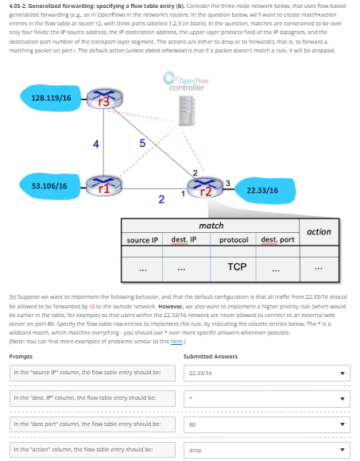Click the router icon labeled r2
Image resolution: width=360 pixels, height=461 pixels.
tap(210, 188)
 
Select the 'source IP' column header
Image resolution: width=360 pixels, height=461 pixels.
tap(143, 239)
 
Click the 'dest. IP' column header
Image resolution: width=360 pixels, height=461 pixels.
tap(184, 239)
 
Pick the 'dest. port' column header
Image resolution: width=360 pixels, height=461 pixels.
tap(277, 239)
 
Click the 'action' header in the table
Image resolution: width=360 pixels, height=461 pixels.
tap(319, 231)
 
